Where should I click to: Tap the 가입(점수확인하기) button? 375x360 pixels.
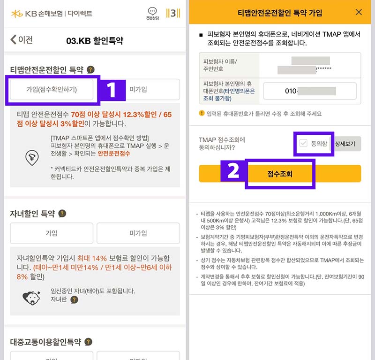tap(52, 89)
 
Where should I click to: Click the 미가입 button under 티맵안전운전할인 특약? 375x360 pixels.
tap(138, 89)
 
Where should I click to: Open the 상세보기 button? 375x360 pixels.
tap(347, 144)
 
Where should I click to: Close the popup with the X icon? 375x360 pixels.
tap(359, 13)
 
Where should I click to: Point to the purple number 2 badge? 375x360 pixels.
tap(233, 172)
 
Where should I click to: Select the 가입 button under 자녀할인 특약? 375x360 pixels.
tap(51, 233)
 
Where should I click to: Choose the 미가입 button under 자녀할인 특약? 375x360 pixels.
tap(138, 233)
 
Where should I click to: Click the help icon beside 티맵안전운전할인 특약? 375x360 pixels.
tap(90, 69)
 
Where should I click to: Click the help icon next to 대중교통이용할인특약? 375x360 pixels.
tap(88, 342)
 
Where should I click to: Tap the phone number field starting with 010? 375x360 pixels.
tap(310, 91)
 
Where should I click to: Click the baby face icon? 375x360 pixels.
tap(31, 297)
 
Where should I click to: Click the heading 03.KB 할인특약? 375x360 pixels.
tap(95, 40)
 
